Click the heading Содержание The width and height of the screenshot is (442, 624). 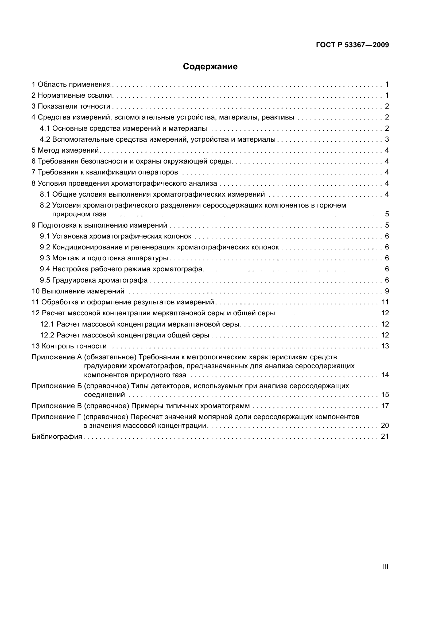coord(210,67)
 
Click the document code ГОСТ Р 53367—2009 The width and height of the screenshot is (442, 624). coord(352,45)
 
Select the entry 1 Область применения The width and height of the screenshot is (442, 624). coord(71,84)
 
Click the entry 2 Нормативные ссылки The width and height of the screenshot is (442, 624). coord(72,96)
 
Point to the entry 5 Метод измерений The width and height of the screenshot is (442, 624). coord(65,150)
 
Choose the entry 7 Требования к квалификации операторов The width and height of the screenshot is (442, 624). coord(105,172)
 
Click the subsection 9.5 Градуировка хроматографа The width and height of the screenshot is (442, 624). coord(94,280)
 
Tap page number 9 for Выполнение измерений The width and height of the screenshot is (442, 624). coord(387,291)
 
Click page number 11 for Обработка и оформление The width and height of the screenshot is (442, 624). coord(385,302)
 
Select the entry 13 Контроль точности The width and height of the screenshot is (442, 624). coord(69,346)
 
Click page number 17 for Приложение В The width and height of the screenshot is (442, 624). coord(385,406)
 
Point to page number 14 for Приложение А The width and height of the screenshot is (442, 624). coord(385,375)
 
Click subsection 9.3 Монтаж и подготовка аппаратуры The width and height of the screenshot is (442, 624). coord(104,258)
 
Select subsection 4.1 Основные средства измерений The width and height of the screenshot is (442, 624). coord(123,128)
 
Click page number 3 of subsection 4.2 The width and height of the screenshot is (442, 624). coord(387,140)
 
